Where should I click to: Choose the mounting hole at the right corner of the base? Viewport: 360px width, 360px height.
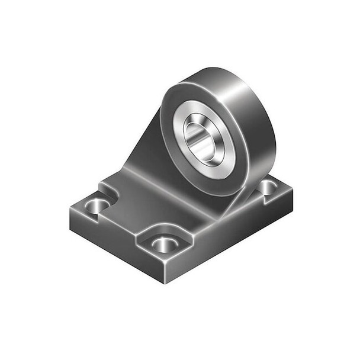pos(268,187)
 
